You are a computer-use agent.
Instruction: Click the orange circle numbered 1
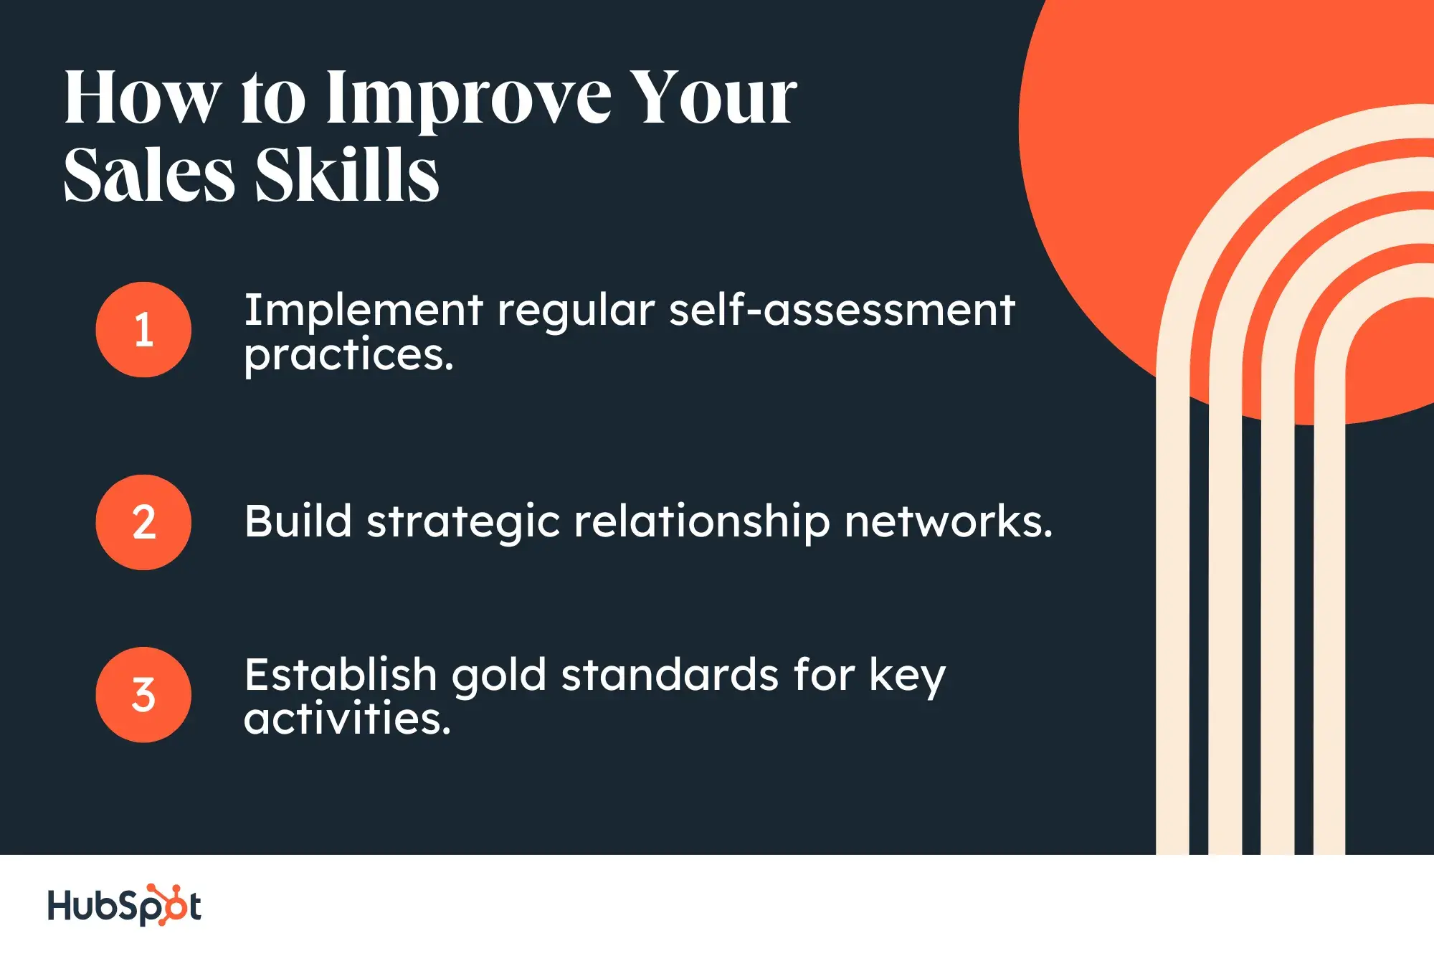(143, 330)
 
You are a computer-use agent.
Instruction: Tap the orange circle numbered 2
(143, 522)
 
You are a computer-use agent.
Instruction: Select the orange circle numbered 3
(143, 694)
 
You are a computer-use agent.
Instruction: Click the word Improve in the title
(469, 100)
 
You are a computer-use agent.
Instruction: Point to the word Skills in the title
(347, 176)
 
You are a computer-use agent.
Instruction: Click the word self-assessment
(842, 311)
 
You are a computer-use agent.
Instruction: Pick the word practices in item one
(348, 356)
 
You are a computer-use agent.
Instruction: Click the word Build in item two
(298, 521)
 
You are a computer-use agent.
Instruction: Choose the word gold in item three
(499, 677)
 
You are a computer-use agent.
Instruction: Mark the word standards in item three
(670, 676)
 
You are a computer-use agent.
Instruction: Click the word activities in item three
(347, 719)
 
